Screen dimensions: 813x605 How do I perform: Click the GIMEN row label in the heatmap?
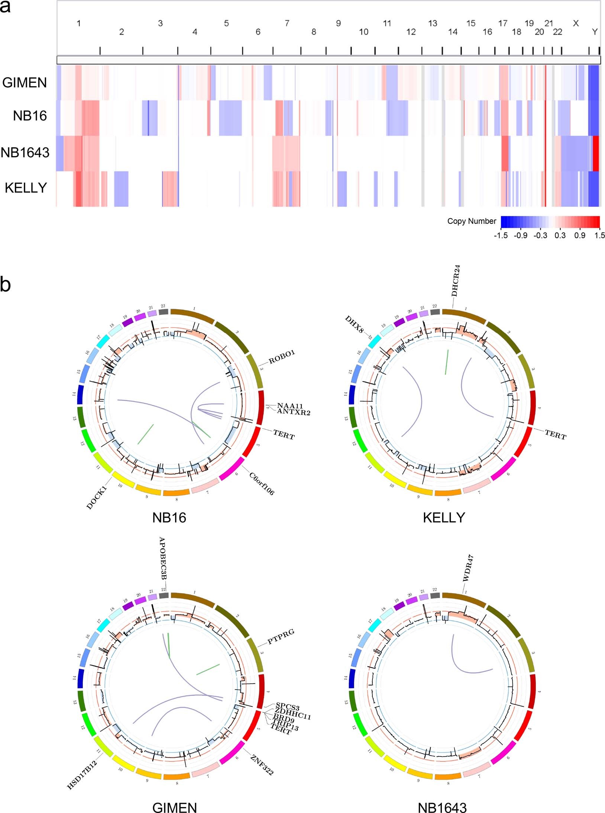click(25, 83)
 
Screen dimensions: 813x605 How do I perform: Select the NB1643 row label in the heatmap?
click(25, 152)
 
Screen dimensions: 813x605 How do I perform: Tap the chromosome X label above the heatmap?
click(576, 23)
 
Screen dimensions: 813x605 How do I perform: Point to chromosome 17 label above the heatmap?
click(503, 23)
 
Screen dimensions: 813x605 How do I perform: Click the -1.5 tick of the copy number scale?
click(501, 235)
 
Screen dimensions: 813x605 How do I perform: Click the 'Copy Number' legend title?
click(471, 221)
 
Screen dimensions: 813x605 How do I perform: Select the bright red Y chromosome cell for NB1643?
click(596, 153)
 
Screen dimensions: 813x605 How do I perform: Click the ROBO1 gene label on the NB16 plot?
click(282, 357)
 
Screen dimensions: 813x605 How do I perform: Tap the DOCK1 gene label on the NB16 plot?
click(97, 497)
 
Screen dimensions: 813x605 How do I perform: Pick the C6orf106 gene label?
click(262, 484)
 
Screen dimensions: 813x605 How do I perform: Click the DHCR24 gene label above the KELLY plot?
click(456, 281)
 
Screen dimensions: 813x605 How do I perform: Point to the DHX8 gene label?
click(354, 324)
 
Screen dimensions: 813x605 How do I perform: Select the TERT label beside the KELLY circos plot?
click(555, 434)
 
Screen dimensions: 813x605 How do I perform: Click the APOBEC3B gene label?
click(162, 558)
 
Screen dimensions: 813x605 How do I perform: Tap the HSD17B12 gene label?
click(82, 775)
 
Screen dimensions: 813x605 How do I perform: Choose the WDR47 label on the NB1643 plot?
click(467, 568)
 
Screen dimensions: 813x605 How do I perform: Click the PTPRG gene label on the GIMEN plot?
click(281, 637)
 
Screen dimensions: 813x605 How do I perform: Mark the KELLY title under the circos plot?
click(444, 517)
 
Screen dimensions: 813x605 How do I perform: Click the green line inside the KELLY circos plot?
click(447, 361)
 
